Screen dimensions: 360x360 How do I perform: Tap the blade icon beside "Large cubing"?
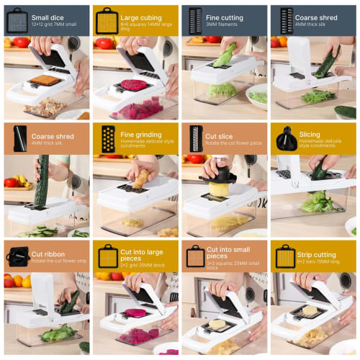(107, 20)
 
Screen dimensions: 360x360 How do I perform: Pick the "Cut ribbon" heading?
(48, 254)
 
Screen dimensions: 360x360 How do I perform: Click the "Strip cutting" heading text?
(315, 254)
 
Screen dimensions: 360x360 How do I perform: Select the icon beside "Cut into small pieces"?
(195, 257)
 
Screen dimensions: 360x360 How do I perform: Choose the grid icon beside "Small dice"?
(16, 20)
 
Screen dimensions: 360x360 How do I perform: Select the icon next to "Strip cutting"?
(284, 257)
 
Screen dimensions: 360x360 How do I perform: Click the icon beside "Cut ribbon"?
(16, 256)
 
